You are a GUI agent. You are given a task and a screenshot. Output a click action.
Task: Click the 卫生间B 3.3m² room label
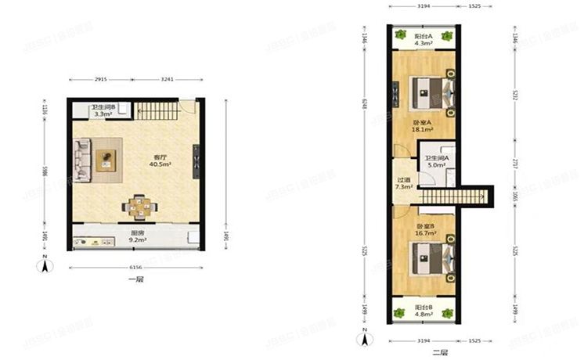[x=103, y=110]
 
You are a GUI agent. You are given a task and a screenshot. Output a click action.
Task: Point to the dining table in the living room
[x=139, y=207]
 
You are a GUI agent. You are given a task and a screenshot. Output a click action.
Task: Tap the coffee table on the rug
[x=106, y=160]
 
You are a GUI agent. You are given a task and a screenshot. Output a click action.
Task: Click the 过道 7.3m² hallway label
[x=403, y=183]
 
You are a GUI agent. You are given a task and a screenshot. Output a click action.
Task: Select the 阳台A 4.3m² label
[x=423, y=40]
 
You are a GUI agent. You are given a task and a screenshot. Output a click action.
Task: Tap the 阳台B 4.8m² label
[x=424, y=312]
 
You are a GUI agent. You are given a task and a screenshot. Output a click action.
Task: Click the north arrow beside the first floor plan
[x=45, y=265]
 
